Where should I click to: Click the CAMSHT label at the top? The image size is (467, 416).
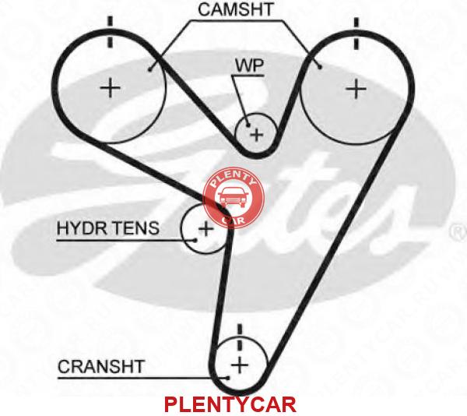pos(236,9)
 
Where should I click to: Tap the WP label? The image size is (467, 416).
pos(249,65)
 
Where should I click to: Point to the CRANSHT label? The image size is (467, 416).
pos(101,367)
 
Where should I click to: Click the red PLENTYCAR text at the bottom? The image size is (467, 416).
pos(230,404)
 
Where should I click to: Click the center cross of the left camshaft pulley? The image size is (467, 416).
pos(111,88)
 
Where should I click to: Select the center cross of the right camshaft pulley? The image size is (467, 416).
pos(356,89)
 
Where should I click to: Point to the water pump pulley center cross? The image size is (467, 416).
pos(256,135)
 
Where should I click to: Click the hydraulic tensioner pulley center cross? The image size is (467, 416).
pos(205,229)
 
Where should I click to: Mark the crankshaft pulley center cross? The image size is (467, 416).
pos(240,365)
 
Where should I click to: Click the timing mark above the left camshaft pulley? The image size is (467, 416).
pos(111,32)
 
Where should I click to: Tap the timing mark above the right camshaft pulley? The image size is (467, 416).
pos(356,33)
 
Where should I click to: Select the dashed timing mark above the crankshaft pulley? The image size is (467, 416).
pos(240,337)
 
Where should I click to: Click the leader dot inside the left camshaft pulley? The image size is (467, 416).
pos(150,70)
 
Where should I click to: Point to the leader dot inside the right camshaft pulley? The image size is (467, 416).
pos(320,68)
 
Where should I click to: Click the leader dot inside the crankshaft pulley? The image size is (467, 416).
pos(228,378)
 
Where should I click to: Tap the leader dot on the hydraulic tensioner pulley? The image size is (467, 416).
pos(195,240)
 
